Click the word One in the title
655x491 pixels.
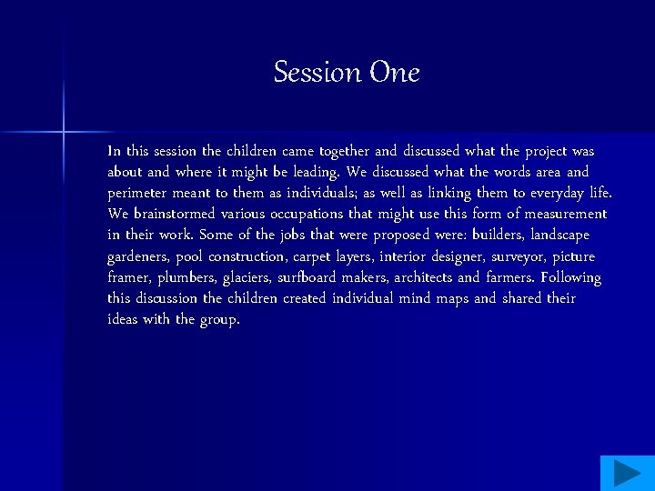394,72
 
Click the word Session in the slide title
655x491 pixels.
317,72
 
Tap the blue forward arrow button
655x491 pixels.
627,473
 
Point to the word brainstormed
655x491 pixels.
174,214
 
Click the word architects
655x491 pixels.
423,277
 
